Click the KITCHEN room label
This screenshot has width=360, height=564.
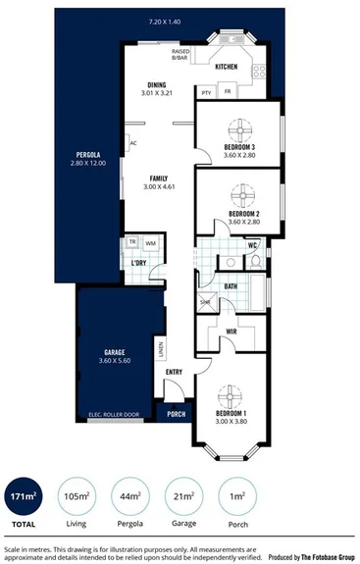tap(227, 67)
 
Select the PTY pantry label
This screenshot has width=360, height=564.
tap(206, 93)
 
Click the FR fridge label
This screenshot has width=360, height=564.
tap(227, 93)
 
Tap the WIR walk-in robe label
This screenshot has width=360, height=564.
tap(231, 333)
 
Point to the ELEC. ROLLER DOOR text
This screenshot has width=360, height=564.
tap(114, 414)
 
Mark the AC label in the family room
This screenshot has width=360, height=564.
tap(132, 142)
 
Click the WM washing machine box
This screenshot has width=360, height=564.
tap(150, 242)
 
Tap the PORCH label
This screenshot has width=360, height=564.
tap(177, 414)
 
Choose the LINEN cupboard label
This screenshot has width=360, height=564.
tap(159, 348)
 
